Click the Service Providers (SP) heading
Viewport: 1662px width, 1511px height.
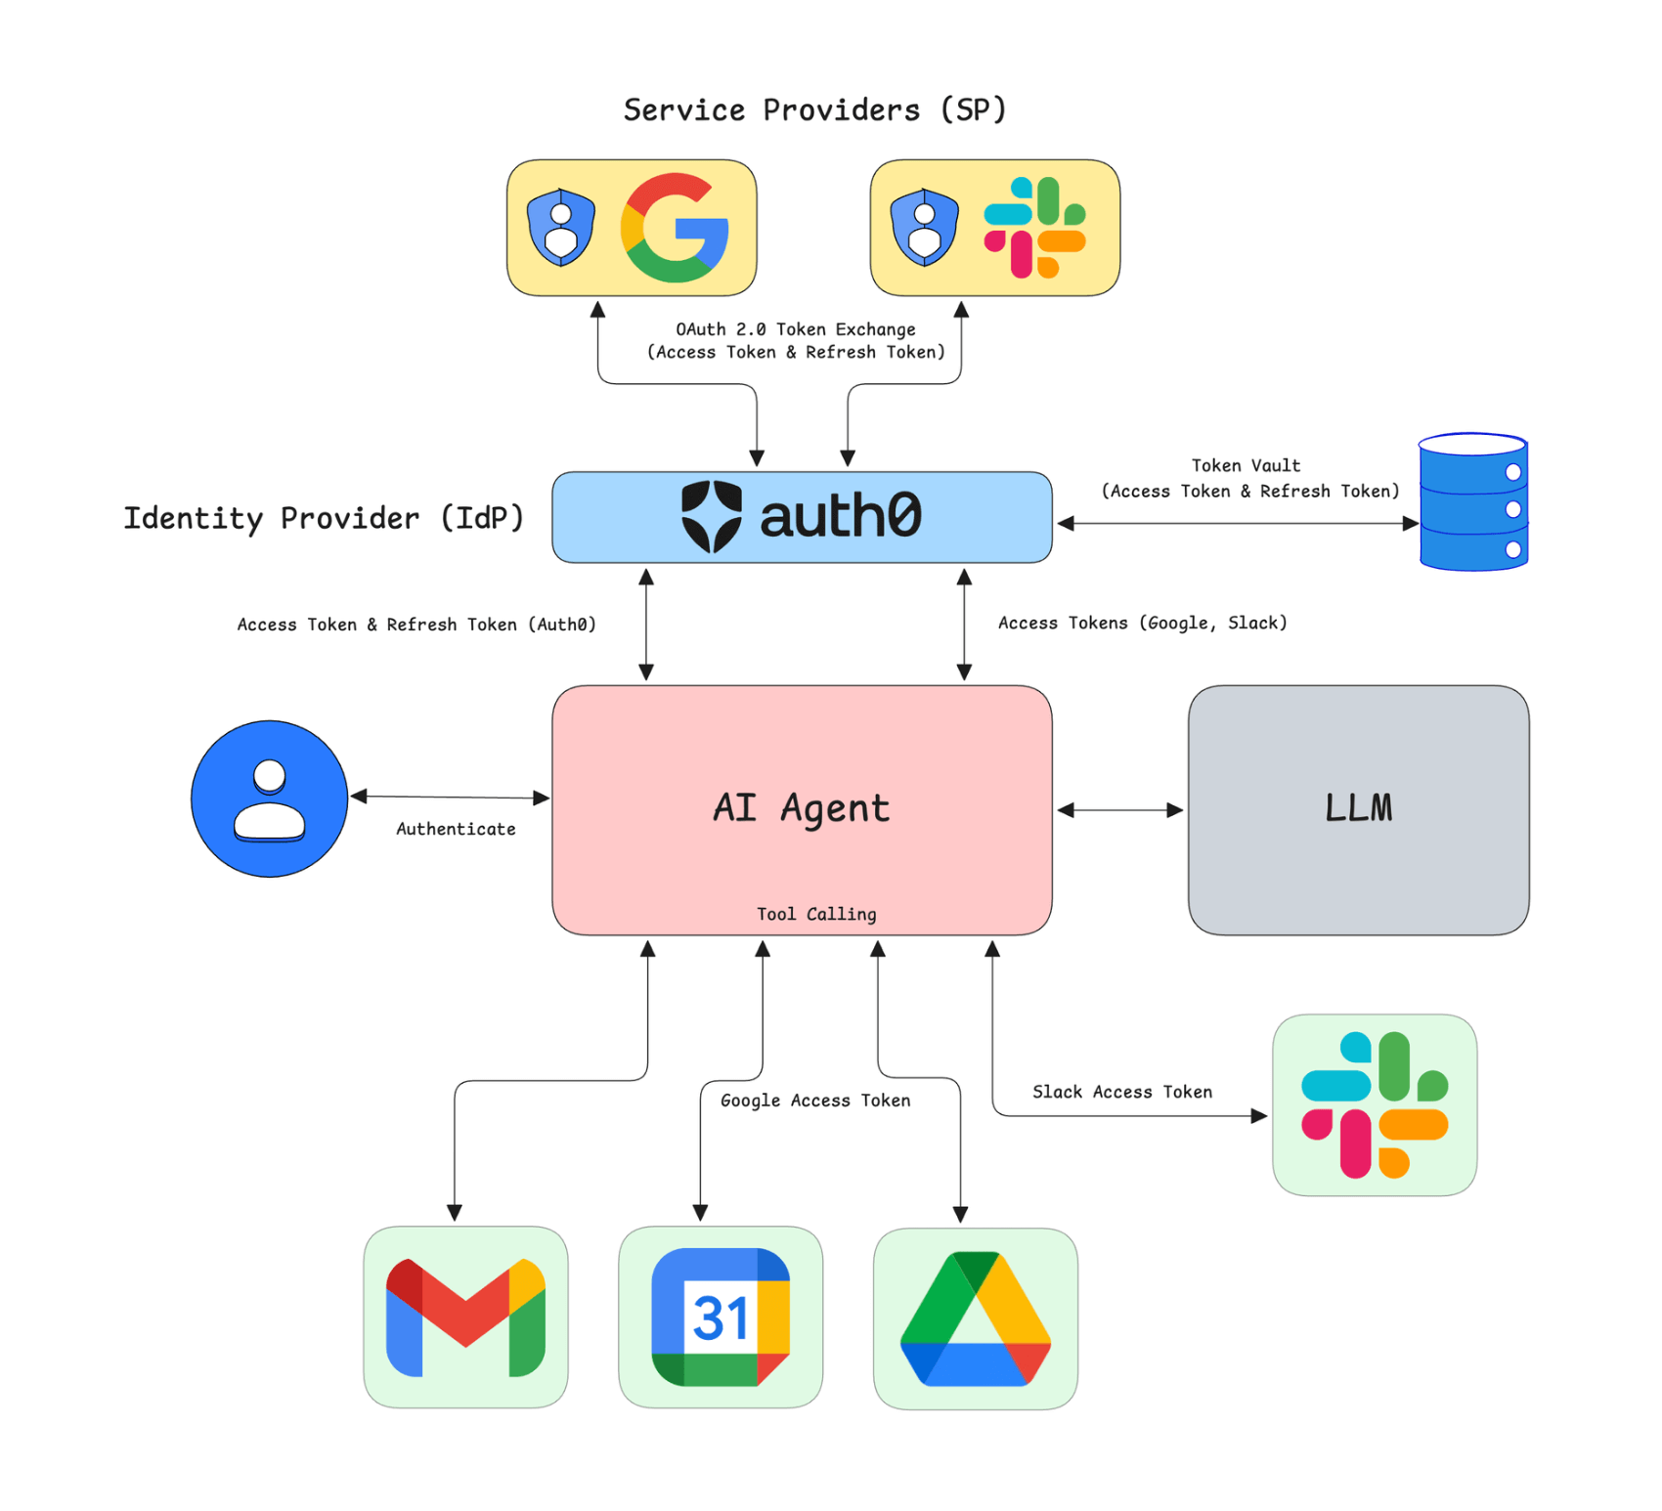tap(814, 109)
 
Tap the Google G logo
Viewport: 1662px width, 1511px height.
tap(675, 228)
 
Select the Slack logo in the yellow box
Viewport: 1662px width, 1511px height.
tap(1034, 228)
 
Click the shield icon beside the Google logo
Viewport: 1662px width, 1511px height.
tap(560, 228)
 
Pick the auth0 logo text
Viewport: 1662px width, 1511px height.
tap(840, 516)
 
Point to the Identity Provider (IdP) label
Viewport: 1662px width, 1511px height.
tap(323, 518)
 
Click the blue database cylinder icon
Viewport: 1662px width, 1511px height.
tap(1472, 502)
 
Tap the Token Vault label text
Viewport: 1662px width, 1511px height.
tap(1246, 466)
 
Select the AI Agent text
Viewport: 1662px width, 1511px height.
tap(801, 808)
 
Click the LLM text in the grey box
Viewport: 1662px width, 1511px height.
tap(1358, 808)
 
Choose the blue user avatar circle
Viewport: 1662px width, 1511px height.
tap(270, 799)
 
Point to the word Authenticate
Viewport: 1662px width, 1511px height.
tap(456, 829)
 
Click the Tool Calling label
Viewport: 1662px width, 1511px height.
tap(816, 914)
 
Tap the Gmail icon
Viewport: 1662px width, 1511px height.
tap(465, 1317)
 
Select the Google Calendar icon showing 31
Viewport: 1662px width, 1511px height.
tap(721, 1317)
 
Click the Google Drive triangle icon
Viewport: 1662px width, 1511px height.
tap(975, 1318)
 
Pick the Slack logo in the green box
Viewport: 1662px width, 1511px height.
tap(1374, 1104)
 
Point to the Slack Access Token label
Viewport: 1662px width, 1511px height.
tap(1122, 1092)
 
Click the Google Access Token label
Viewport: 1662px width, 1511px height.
tap(815, 1101)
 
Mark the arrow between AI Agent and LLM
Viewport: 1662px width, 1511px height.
tap(1120, 810)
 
